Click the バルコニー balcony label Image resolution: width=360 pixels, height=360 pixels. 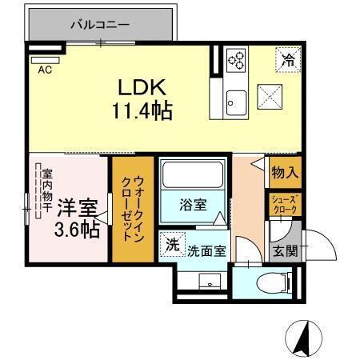[x=100, y=25]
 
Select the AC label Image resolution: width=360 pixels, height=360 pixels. [x=45, y=69]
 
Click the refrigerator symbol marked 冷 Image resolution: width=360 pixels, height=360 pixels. [x=286, y=58]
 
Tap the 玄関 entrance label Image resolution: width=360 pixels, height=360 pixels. [x=285, y=251]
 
